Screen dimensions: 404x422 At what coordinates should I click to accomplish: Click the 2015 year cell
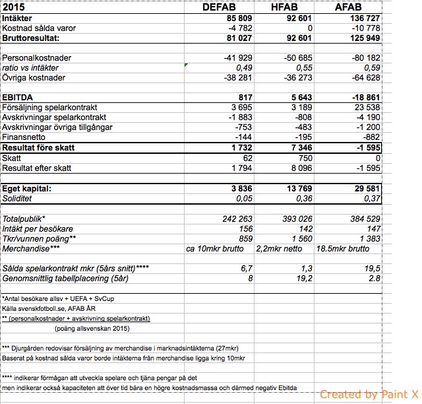point(15,7)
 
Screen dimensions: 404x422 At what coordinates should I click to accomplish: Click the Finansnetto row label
point(24,137)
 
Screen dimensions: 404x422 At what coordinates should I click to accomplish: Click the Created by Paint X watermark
point(369,395)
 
